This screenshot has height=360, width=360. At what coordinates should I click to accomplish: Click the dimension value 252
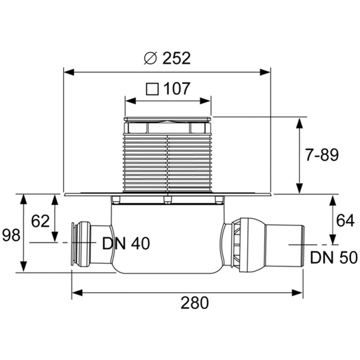[175, 58]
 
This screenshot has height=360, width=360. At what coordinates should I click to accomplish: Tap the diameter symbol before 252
[151, 58]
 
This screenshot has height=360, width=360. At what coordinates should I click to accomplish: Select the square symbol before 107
[152, 89]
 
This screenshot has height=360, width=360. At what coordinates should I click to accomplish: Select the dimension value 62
[40, 221]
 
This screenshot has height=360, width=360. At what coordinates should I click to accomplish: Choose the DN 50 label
[334, 258]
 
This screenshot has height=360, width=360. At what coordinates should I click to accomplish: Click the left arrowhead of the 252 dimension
[68, 72]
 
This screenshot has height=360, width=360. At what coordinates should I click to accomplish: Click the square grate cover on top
[167, 120]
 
